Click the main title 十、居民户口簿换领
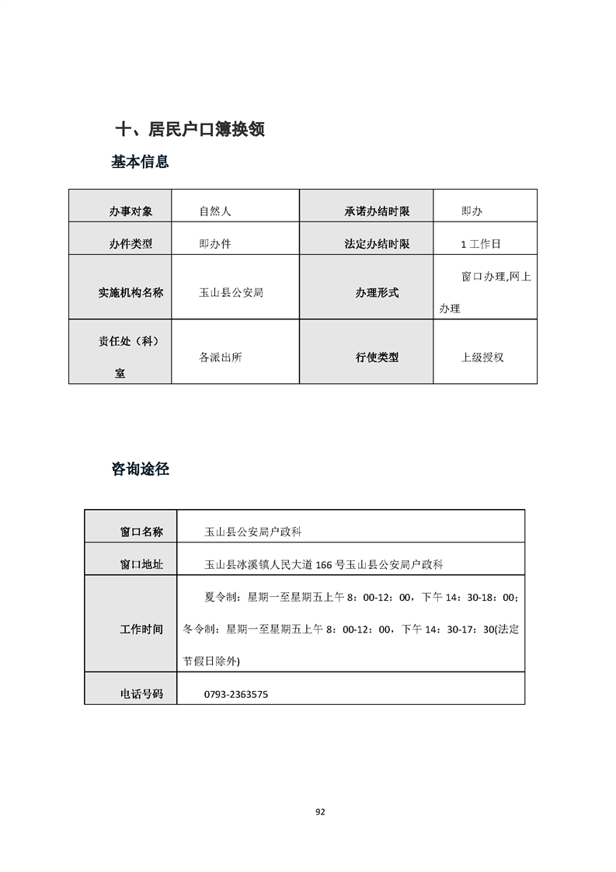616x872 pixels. (189, 129)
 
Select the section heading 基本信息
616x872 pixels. (140, 162)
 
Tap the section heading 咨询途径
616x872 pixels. (140, 469)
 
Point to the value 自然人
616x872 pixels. (215, 211)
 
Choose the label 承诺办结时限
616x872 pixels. (377, 211)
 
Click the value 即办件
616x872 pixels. (215, 243)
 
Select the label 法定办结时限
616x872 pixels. (377, 243)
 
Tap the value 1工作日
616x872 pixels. (481, 244)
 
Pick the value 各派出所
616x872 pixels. (221, 358)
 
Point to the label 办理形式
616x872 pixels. (377, 293)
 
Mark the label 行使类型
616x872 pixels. (377, 358)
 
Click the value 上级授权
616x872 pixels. (482, 358)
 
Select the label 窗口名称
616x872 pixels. (141, 532)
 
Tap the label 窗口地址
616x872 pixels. (141, 565)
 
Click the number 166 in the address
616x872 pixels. (324, 565)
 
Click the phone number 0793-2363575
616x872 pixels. (236, 694)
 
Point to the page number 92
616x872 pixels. (320, 811)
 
